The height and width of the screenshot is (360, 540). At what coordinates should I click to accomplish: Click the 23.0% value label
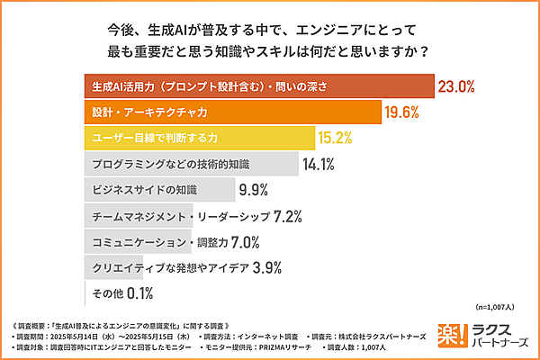(456, 87)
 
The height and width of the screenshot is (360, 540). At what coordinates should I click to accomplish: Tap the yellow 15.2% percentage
(334, 139)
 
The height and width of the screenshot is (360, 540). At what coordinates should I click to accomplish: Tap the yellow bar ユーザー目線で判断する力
(198, 139)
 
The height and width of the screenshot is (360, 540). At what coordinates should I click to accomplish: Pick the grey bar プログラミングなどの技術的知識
(190, 165)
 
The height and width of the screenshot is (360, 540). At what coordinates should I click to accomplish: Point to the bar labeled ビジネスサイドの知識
(158, 191)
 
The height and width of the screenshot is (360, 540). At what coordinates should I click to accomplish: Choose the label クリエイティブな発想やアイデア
(167, 267)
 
